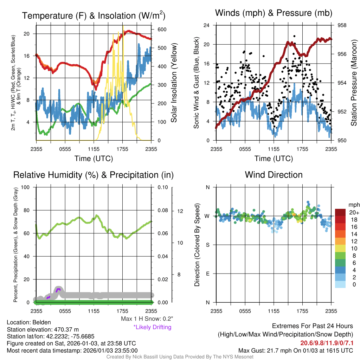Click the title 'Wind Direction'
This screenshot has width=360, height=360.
tap(274, 175)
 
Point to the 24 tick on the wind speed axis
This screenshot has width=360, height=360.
tap(207, 25)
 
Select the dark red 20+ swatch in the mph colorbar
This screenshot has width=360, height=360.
tap(341, 212)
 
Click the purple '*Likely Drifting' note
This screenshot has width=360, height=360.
tap(152, 327)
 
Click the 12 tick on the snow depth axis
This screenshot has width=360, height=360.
tap(181, 211)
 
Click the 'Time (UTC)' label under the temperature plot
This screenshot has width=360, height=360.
tap(94, 159)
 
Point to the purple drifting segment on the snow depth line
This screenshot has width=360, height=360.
tap(58, 289)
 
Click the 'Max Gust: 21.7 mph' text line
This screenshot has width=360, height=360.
tap(295, 351)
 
